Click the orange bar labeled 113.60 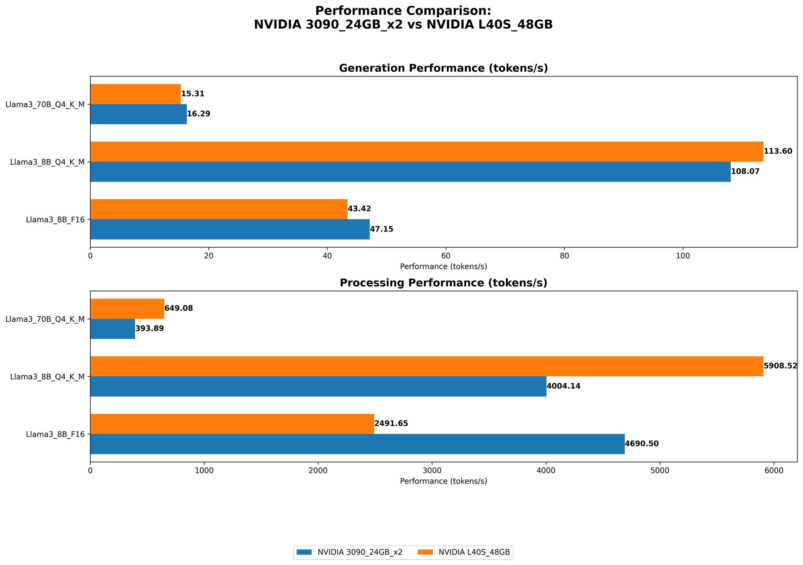[x=426, y=151]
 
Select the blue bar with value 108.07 [x=410, y=172]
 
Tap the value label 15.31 [x=193, y=94]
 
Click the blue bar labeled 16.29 [x=138, y=114]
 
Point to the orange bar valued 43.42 [x=219, y=209]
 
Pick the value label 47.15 [x=381, y=229]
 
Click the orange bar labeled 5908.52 [x=426, y=366]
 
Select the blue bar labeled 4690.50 [x=357, y=444]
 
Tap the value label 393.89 [x=149, y=329]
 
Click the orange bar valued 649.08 [x=127, y=309]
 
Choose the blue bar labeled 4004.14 [x=318, y=386]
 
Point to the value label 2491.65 [x=391, y=424]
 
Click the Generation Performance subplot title [x=443, y=68]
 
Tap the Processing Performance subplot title [x=443, y=283]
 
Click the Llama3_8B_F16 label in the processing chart [x=55, y=434]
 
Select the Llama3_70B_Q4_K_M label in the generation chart [x=45, y=104]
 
